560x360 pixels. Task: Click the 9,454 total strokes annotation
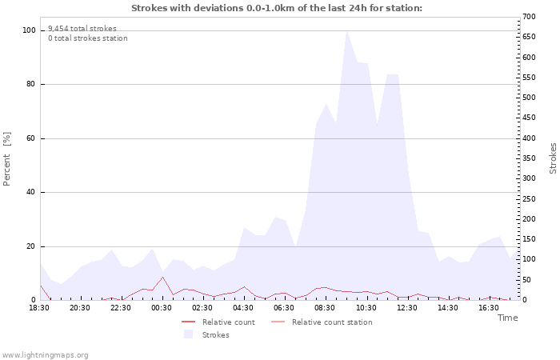(x=82, y=28)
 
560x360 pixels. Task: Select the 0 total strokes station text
(x=87, y=38)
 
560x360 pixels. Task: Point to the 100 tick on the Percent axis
(x=29, y=30)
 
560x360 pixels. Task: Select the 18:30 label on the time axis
(x=39, y=307)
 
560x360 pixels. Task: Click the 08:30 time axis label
(x=325, y=307)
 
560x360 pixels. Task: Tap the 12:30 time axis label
(x=406, y=307)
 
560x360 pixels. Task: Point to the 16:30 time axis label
(x=488, y=307)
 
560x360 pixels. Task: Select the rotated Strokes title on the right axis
(x=553, y=158)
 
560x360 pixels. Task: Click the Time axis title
(x=507, y=318)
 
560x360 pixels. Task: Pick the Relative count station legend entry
(x=331, y=322)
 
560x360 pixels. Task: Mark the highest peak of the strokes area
(x=346, y=31)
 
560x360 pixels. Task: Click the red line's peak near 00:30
(x=162, y=277)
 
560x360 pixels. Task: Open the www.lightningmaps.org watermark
(x=45, y=355)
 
